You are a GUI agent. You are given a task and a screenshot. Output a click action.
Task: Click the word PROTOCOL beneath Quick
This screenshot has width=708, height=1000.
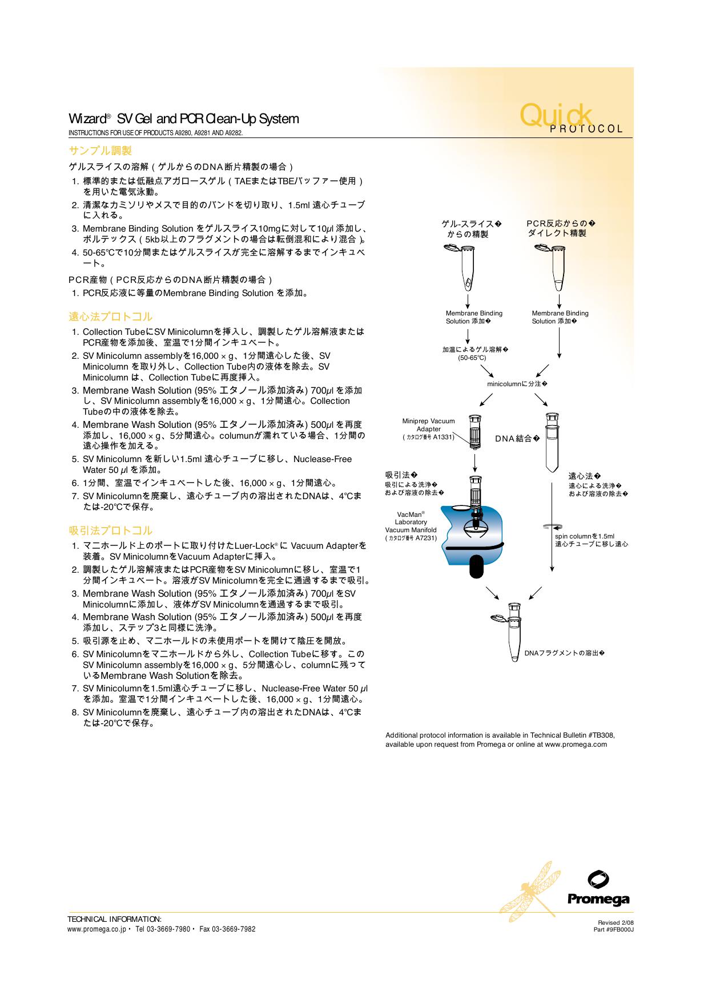pyautogui.click(x=586, y=129)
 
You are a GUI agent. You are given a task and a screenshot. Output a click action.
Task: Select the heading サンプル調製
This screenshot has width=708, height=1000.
pyautogui.click(x=100, y=151)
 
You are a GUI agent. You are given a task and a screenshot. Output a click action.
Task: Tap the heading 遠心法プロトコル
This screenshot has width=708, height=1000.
pyautogui.click(x=111, y=317)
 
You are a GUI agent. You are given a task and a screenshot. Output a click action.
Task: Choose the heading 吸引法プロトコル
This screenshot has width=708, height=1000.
pyautogui.click(x=111, y=531)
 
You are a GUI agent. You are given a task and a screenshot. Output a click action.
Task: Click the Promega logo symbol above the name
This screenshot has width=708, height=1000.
pyautogui.click(x=598, y=879)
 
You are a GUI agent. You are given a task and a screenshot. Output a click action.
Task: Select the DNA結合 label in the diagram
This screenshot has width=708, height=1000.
pyautogui.click(x=516, y=439)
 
